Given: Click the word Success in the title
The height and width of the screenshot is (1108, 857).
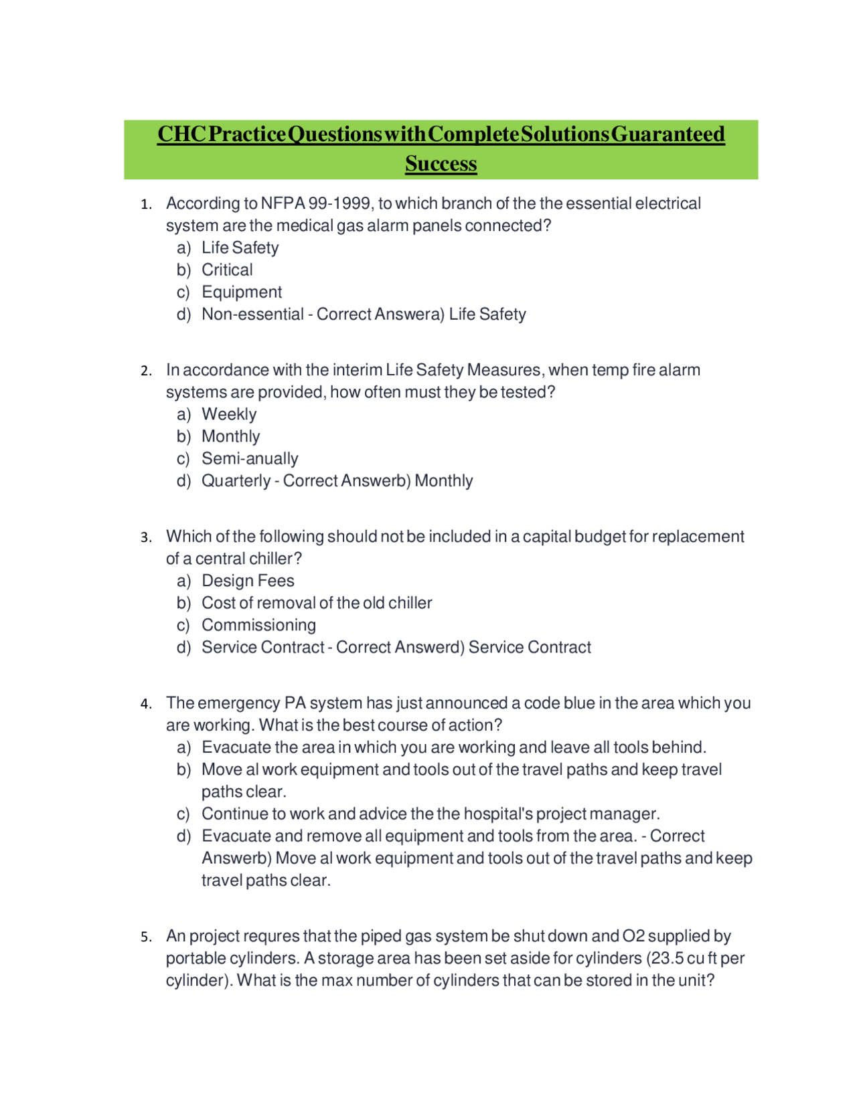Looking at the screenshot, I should (441, 163).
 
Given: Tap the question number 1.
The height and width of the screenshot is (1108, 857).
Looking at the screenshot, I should (145, 205).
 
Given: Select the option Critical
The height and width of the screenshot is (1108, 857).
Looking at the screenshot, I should (227, 270).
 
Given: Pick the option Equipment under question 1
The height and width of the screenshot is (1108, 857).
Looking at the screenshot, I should (242, 292).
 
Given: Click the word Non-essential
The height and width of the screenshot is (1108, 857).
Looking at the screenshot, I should (252, 314).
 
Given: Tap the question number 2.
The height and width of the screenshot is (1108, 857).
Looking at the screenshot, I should (145, 371).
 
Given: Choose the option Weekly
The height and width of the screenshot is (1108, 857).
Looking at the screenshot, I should (229, 414).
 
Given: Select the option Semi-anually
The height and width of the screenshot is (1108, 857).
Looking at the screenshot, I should (250, 458).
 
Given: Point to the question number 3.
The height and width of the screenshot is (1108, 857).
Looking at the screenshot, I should (145, 538).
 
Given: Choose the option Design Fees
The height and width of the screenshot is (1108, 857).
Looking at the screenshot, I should (248, 580).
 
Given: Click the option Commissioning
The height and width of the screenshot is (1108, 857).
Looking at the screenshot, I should (258, 625).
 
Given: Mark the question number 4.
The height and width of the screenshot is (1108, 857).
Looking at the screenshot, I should (145, 705).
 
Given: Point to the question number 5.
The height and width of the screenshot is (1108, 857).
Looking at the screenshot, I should (145, 937).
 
